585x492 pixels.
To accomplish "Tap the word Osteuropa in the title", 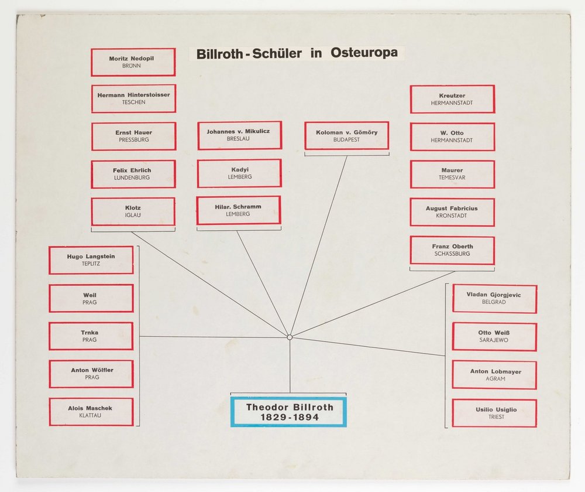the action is click(364, 52).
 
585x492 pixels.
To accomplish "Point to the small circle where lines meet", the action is click(290, 337).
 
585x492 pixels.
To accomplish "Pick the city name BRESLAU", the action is click(238, 139).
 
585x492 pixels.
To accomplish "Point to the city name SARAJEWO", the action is click(494, 340).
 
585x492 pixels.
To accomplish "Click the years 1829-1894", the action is click(290, 417).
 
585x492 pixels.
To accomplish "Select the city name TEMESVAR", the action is click(452, 177).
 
